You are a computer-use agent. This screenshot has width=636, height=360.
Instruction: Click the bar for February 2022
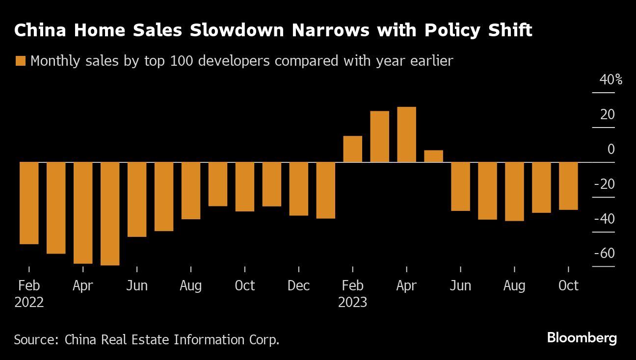click(x=29, y=203)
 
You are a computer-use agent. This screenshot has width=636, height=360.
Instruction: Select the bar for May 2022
click(x=110, y=214)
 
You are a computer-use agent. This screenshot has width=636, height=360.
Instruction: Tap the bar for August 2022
click(x=191, y=191)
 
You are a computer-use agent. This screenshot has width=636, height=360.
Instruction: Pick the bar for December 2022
click(x=299, y=189)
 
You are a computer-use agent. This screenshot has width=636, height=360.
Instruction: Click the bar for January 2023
click(x=326, y=190)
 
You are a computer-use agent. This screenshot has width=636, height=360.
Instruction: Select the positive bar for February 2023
click(x=353, y=149)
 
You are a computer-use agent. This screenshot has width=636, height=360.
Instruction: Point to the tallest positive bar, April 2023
click(x=407, y=134)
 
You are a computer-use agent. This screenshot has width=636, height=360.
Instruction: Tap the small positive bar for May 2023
click(x=434, y=156)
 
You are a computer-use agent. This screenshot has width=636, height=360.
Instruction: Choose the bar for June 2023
click(x=461, y=186)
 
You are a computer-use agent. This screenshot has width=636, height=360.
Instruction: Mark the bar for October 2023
click(x=569, y=186)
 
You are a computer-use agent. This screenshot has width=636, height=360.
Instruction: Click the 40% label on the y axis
click(x=611, y=79)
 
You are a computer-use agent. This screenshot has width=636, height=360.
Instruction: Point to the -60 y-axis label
click(x=604, y=254)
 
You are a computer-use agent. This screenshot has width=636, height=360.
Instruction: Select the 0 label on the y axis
click(x=611, y=149)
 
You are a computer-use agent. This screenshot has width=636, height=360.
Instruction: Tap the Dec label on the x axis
click(x=299, y=285)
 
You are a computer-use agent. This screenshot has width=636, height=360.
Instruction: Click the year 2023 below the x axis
click(x=353, y=302)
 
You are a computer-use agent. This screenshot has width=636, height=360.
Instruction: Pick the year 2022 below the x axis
click(x=29, y=302)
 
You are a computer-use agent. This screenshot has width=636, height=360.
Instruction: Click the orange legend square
click(x=20, y=61)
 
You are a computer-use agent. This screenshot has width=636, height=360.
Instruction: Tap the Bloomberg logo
click(x=582, y=338)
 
